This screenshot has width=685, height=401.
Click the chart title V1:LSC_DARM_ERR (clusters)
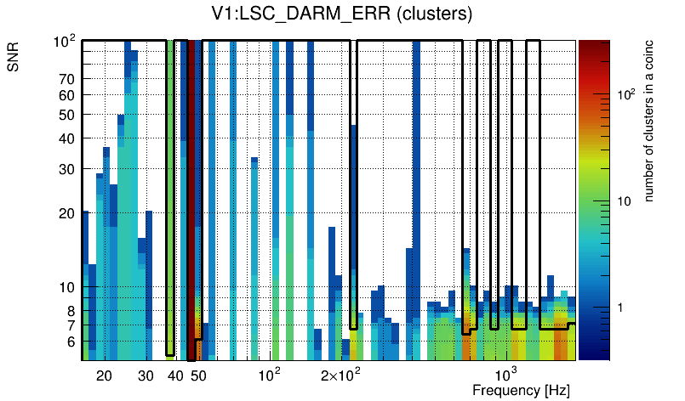(341, 14)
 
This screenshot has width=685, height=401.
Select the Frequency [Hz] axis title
(521, 390)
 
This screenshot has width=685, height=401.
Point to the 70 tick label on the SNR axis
(67, 79)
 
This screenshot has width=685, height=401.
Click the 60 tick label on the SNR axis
(67, 95)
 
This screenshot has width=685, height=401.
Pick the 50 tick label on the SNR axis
(67, 115)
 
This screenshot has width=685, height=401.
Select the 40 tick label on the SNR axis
(67, 138)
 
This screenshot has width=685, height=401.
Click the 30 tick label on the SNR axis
(67, 169)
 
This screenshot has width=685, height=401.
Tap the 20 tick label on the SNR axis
(67, 213)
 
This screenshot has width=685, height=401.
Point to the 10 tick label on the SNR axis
(67, 287)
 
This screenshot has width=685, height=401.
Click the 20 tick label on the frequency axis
(104, 376)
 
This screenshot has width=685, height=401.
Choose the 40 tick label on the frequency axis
(175, 376)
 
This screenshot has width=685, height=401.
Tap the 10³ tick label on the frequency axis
(506, 375)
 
